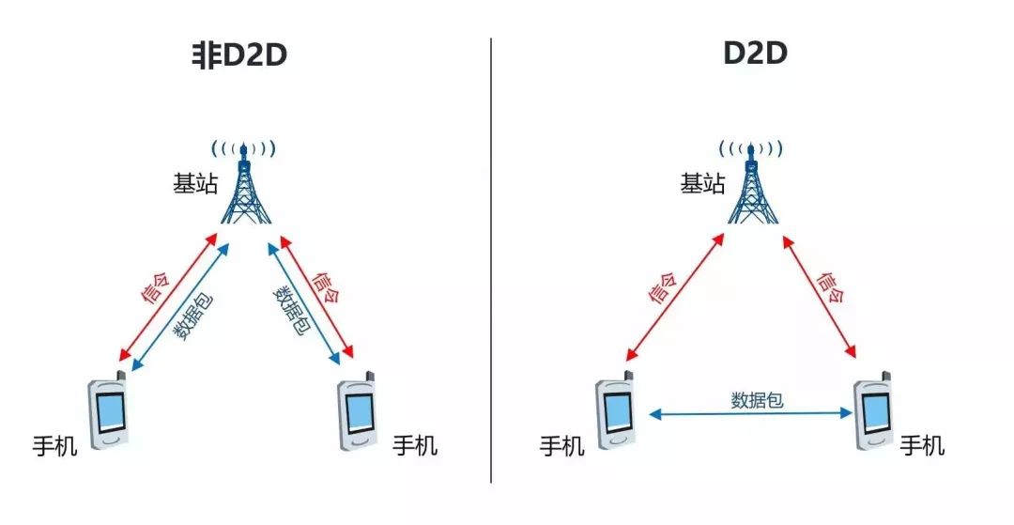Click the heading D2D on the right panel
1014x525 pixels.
[x=754, y=54]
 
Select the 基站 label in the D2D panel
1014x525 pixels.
[x=703, y=184]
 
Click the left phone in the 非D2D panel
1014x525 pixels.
[x=109, y=414]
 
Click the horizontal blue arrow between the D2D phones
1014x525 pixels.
[x=750, y=413]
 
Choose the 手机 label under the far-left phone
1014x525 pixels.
[x=55, y=445]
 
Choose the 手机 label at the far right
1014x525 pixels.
[x=923, y=445]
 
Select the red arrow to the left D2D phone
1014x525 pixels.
[x=674, y=297]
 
